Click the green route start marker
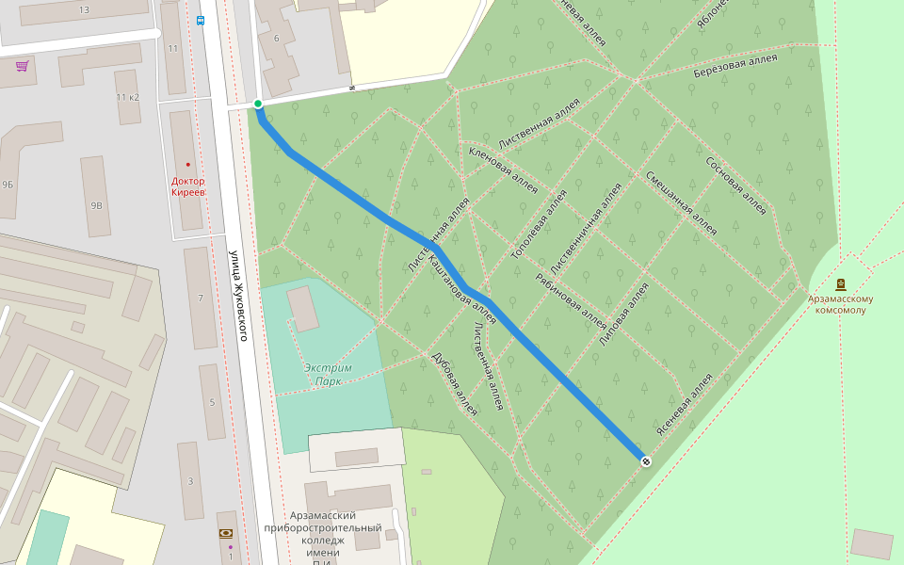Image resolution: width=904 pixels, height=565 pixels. pyautogui.click(x=258, y=104)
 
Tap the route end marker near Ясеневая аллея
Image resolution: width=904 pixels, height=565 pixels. pyautogui.click(x=645, y=460)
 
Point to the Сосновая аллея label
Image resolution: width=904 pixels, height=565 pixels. pyautogui.click(x=736, y=185)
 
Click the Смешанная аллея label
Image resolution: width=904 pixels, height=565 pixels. pyautogui.click(x=680, y=202)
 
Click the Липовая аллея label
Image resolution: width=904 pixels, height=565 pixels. pyautogui.click(x=623, y=315)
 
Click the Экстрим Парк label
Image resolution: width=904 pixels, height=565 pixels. pyautogui.click(x=328, y=375)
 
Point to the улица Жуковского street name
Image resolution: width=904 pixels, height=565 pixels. pyautogui.click(x=236, y=295)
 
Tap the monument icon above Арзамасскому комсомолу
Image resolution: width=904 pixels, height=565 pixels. pyautogui.click(x=840, y=283)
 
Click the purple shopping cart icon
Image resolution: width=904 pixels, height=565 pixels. pyautogui.click(x=22, y=66)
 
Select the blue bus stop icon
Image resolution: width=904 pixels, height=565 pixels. pyautogui.click(x=200, y=20)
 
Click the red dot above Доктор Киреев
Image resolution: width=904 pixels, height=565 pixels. pyautogui.click(x=187, y=164)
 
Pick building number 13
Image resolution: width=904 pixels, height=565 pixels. pyautogui.click(x=84, y=9)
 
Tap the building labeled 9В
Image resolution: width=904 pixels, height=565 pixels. pyautogui.click(x=96, y=204)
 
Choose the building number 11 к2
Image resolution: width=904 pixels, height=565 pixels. pyautogui.click(x=127, y=97)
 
